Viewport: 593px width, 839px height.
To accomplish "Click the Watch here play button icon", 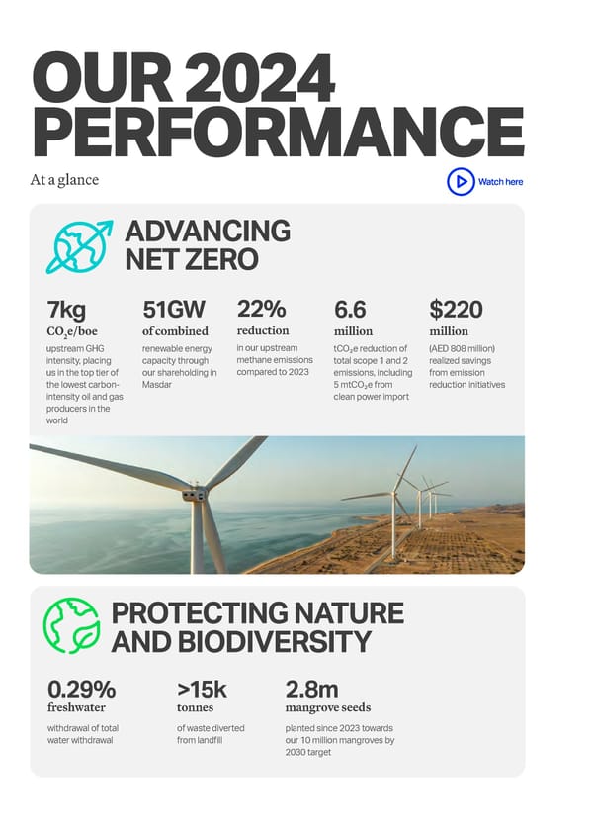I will [460, 182].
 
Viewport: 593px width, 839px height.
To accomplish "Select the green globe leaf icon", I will [71, 625].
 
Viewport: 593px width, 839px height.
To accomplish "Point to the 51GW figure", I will [173, 311].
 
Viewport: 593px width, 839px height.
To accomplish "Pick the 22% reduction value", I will [261, 310].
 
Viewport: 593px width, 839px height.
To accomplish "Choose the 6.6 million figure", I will [350, 311].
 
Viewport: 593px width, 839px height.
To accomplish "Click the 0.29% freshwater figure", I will [81, 689].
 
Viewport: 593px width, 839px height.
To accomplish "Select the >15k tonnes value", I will [202, 689].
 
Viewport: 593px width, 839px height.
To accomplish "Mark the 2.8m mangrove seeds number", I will [311, 689].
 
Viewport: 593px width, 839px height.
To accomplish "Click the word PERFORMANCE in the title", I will [278, 131].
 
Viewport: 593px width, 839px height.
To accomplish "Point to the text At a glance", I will [65, 180].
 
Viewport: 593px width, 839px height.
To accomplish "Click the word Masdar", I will [157, 384].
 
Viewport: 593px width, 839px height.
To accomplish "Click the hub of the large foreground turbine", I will [194, 492].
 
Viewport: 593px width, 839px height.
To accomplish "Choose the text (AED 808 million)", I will [462, 348].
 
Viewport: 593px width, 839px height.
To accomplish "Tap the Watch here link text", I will [500, 182].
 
